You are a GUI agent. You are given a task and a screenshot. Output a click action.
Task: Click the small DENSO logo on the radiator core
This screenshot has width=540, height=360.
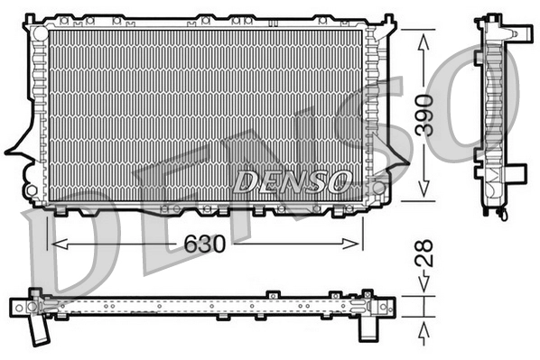[x=291, y=180]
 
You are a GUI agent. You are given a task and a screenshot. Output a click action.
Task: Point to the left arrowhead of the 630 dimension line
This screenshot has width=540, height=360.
[x=57, y=244]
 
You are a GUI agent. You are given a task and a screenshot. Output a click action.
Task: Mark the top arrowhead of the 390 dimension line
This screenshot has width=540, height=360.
[x=422, y=35]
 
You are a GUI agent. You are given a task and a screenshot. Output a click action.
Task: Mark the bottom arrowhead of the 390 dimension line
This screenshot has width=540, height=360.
[x=422, y=195]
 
